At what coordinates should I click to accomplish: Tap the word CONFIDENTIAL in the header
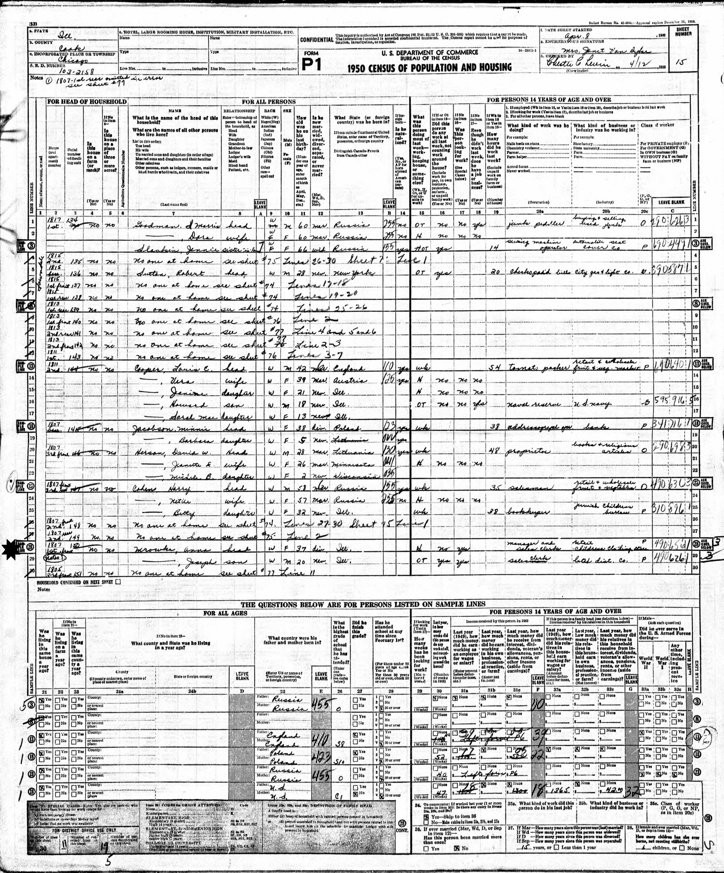click(316, 39)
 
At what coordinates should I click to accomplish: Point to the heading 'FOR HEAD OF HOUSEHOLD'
click(87, 101)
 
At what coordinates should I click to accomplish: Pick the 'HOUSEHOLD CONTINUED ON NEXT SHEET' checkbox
click(118, 582)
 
